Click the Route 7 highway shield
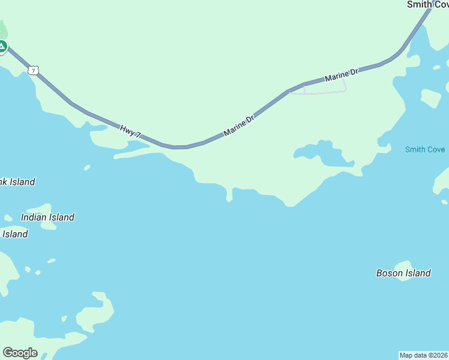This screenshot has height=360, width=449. click(x=34, y=70)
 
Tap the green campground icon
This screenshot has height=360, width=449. click(x=2, y=46)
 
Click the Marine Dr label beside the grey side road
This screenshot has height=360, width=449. click(x=341, y=75)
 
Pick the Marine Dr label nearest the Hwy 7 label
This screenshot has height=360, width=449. click(x=239, y=125)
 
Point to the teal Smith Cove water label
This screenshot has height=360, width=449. click(x=424, y=149)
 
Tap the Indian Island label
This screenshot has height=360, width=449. click(x=47, y=217)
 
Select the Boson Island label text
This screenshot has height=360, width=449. click(x=403, y=273)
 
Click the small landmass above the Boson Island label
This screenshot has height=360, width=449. click(x=403, y=265)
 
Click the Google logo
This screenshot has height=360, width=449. click(x=20, y=353)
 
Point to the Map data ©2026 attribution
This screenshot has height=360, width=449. click(x=424, y=355)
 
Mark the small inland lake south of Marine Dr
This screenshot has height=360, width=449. click(x=329, y=155)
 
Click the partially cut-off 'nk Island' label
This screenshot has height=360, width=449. click(x=17, y=182)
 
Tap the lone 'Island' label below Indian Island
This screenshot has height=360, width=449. click(x=15, y=234)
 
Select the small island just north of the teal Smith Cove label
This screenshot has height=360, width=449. click(x=430, y=97)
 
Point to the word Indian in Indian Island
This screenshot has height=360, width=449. click(x=34, y=217)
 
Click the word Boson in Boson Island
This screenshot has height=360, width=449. click(x=390, y=273)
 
